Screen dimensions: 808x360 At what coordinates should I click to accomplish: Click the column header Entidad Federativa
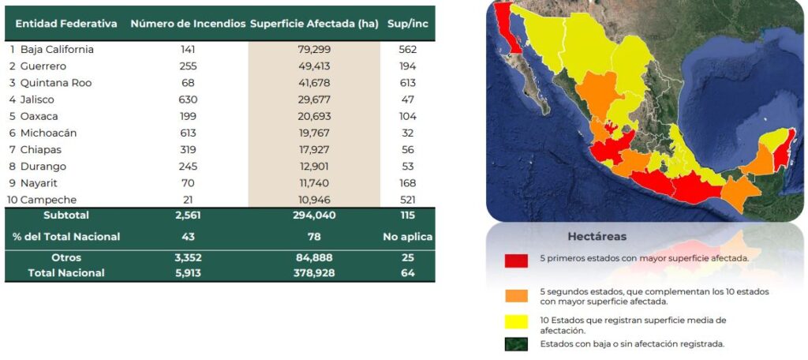[66, 24]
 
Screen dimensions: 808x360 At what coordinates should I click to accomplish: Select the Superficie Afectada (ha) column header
[314, 24]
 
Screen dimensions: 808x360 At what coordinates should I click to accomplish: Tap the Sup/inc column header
[408, 24]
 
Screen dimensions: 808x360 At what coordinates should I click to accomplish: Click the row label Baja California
[57, 50]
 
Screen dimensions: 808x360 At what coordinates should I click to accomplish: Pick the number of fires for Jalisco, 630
[188, 99]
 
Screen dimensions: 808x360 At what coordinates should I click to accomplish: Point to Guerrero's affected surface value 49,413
[314, 66]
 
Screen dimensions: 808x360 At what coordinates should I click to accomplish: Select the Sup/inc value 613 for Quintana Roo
[408, 83]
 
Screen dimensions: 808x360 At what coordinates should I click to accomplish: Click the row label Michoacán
[48, 133]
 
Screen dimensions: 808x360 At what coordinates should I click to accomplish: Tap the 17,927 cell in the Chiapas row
[314, 149]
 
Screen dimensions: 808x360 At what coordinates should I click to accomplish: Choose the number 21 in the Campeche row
[188, 200]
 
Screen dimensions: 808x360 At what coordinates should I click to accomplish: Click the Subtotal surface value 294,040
[314, 215]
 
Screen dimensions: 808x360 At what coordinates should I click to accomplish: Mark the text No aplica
[408, 237]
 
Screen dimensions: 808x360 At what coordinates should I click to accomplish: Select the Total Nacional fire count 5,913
[188, 273]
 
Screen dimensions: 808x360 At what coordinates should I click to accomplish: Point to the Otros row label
[66, 257]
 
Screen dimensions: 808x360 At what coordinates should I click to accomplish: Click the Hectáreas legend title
[597, 237]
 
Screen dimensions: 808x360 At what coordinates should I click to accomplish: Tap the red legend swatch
[516, 261]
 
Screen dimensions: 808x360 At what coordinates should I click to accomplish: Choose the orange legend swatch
[516, 295]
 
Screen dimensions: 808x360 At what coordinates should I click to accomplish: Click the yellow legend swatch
[516, 322]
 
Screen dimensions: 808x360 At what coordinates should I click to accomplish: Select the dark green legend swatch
[516, 344]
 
